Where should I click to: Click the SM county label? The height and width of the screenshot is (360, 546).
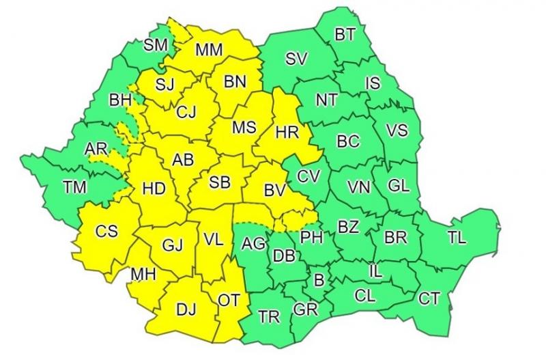pos(156,46)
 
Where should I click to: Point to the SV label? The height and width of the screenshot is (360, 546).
pos(296,59)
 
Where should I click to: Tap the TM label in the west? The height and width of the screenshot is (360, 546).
pos(74,187)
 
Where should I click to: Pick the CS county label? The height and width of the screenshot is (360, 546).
pos(106,231)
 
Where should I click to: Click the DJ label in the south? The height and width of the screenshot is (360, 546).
pos(186,309)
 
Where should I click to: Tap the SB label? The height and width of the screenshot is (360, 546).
pos(219,182)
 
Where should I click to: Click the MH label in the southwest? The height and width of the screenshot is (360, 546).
pos(144,275)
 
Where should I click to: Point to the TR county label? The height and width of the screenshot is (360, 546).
pos(269,316)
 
